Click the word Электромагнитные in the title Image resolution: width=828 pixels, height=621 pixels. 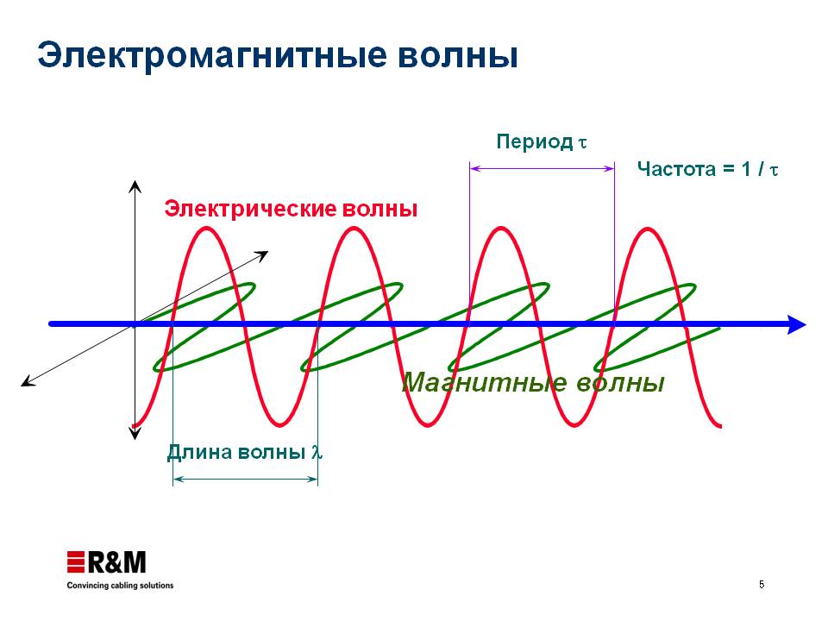213,56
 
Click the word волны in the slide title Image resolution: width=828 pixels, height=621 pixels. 458,56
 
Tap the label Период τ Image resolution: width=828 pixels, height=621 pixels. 542,142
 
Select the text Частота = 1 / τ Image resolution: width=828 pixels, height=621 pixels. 707,169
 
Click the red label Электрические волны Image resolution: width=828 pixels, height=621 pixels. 291,209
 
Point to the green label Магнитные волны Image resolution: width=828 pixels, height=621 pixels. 533,382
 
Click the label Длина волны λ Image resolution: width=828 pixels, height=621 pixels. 244,452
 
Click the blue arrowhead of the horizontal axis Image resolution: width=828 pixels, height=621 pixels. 796,324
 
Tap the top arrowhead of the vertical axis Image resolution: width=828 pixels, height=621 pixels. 135,186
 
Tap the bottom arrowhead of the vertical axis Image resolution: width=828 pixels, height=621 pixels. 135,434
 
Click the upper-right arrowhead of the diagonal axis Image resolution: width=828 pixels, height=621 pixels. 262,255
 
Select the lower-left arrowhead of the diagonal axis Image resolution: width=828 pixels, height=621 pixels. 28,382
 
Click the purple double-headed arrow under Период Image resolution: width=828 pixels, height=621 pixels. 542,168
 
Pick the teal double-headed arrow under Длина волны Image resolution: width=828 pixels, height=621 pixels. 246,479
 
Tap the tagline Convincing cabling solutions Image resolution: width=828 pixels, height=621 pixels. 120,585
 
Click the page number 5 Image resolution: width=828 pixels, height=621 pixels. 762,584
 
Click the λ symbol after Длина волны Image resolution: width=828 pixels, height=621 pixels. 317,452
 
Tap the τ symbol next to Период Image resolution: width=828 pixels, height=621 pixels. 582,142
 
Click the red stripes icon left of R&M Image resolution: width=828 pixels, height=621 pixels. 76,561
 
